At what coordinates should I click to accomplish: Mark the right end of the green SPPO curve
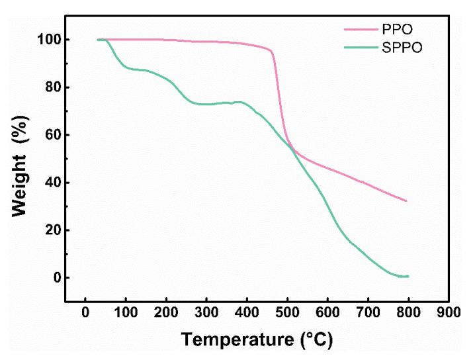pos(408,276)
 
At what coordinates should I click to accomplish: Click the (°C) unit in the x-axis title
pos(316,341)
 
